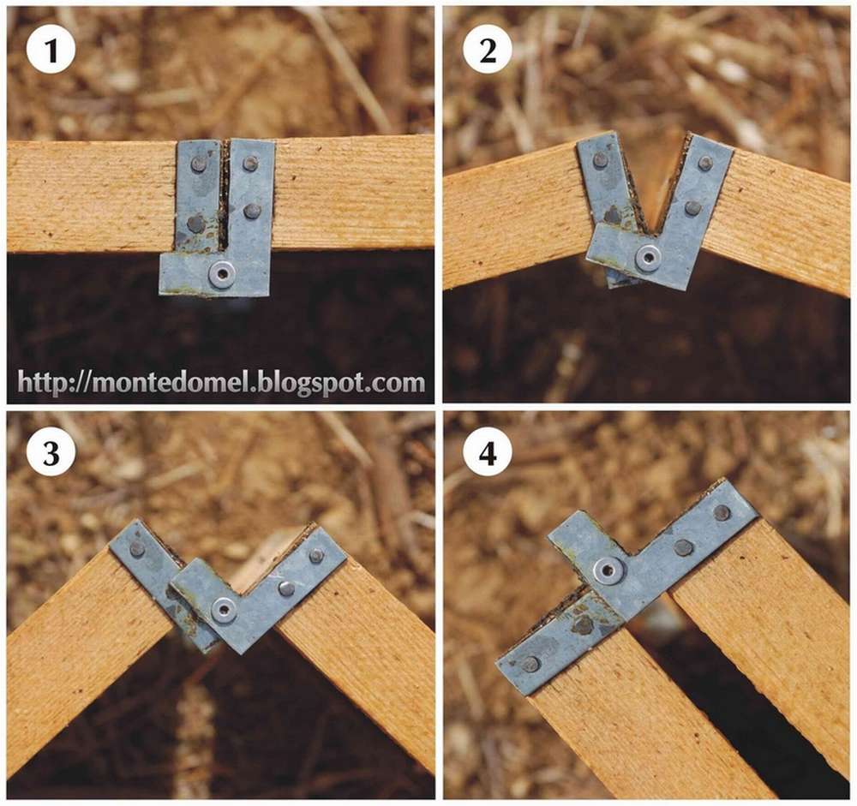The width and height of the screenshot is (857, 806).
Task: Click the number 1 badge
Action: tap(51, 51)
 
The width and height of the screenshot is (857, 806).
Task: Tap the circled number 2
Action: tap(487, 51)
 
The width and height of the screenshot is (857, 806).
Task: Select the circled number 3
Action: tap(51, 453)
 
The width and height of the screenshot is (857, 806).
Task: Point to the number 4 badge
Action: tap(487, 453)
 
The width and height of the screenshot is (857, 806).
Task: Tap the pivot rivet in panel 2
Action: tap(648, 257)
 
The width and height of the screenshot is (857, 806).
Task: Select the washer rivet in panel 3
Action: tap(224, 610)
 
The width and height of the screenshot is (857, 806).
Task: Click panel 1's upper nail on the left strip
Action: tap(200, 163)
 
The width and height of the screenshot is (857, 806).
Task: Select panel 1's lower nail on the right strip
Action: tap(251, 211)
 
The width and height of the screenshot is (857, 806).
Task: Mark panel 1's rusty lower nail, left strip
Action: tap(195, 223)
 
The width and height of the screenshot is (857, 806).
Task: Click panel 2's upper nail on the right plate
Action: tap(705, 162)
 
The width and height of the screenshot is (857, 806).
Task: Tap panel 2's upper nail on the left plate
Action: tap(601, 160)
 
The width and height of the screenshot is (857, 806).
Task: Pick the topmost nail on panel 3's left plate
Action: tap(136, 549)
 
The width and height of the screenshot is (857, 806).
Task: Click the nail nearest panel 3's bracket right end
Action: tap(316, 556)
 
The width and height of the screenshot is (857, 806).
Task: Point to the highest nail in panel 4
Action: tap(722, 512)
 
